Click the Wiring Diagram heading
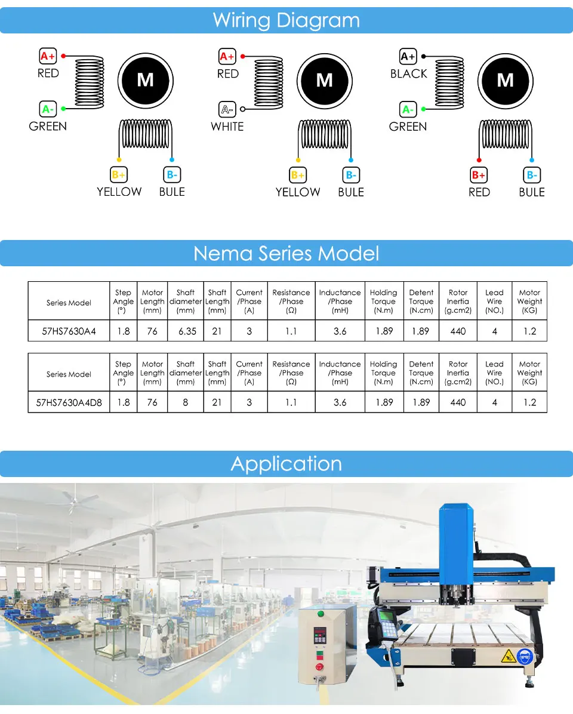(x=286, y=20)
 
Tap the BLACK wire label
(x=408, y=73)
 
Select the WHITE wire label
(x=227, y=127)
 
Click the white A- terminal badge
(x=227, y=109)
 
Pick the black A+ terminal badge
(x=408, y=57)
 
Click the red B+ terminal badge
(x=479, y=175)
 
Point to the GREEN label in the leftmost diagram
(x=48, y=127)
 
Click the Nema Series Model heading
(x=286, y=254)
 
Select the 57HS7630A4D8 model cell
(x=69, y=402)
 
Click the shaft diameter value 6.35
(x=187, y=331)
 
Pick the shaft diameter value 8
(x=186, y=402)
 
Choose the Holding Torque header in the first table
(x=383, y=301)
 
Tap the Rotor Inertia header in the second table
(x=458, y=373)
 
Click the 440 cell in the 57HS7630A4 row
(x=458, y=331)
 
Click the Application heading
(x=286, y=464)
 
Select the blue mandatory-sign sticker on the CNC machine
(x=525, y=657)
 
